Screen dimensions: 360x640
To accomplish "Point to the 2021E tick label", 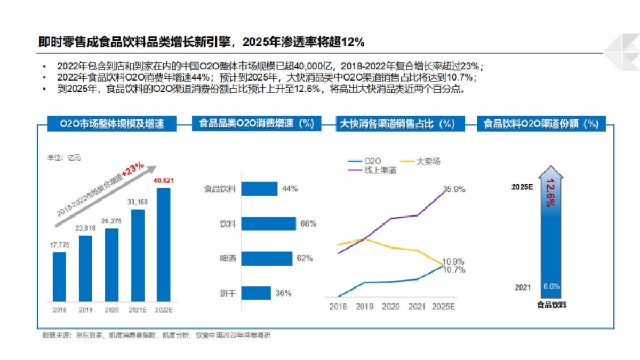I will click(137, 310).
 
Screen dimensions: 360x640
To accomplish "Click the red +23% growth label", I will click(133, 170).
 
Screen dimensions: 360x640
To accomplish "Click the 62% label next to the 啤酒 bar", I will click(305, 259).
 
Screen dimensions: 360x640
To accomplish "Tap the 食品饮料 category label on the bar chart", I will click(219, 189).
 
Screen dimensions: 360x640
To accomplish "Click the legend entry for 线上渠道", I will click(380, 170).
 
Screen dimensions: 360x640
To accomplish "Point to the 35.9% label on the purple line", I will click(454, 189).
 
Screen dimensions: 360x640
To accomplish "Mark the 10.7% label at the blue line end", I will click(454, 270).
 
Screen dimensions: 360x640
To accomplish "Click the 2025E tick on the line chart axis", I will click(444, 307).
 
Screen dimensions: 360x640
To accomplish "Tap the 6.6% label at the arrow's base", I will click(551, 286).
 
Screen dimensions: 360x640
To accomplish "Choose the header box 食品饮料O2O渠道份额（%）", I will click(541, 124).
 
